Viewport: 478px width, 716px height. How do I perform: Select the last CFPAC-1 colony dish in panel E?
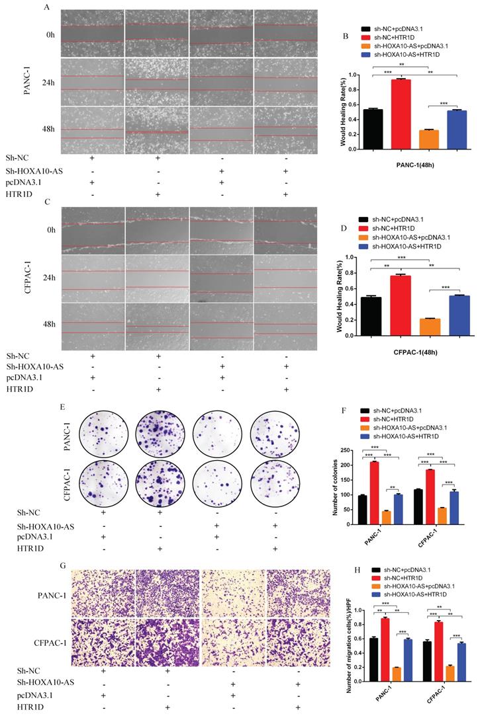coord(277,477)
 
